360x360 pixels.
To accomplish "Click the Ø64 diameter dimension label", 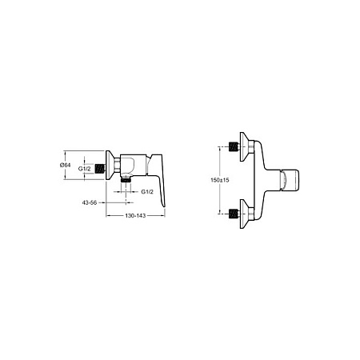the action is click(x=65, y=165).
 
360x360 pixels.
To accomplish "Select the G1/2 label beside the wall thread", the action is click(x=84, y=169).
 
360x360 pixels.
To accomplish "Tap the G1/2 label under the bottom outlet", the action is click(x=147, y=192).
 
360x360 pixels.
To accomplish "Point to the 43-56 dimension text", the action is click(x=90, y=202).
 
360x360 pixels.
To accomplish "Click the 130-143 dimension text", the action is click(x=135, y=215).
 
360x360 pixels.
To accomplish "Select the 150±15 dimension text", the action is click(x=220, y=180).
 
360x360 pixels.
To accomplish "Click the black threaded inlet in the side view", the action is click(x=99, y=169).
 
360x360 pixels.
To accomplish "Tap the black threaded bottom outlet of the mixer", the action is click(x=126, y=180).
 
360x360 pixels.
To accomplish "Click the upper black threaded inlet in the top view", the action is click(x=234, y=146).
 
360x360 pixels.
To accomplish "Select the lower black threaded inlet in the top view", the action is click(x=234, y=214).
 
